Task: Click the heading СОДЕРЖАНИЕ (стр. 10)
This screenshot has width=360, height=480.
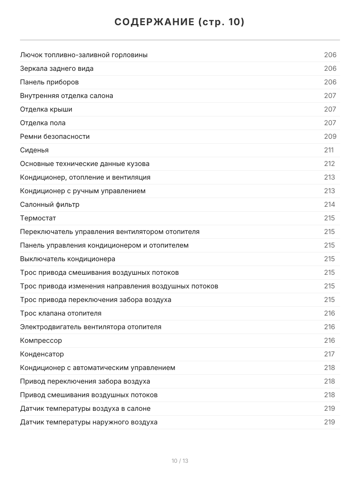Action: click(180, 22)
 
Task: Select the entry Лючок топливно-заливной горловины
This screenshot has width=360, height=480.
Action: click(84, 55)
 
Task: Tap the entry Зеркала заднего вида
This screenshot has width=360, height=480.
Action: click(57, 68)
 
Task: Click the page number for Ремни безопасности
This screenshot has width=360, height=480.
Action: click(330, 136)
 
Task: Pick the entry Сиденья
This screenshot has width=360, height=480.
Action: click(34, 150)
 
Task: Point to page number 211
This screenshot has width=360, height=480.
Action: click(329, 150)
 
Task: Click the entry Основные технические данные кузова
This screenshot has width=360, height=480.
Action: click(85, 164)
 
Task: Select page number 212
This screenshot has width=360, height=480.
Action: click(329, 164)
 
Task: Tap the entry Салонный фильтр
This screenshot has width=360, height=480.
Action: click(50, 204)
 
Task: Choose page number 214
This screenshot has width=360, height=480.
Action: click(329, 204)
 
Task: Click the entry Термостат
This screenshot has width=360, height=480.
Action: click(38, 218)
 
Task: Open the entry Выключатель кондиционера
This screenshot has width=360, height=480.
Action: click(68, 259)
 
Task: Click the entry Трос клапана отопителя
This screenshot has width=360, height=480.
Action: click(61, 313)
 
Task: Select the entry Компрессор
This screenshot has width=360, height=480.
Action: click(41, 340)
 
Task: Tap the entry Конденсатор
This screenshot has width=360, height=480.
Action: click(42, 354)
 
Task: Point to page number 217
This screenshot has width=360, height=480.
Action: click(329, 354)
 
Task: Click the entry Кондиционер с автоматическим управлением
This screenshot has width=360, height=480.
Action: click(98, 368)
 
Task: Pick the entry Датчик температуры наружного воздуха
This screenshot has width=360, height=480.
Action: click(89, 422)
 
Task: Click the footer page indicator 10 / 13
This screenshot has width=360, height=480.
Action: click(180, 461)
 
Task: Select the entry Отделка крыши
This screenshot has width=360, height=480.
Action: click(46, 109)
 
